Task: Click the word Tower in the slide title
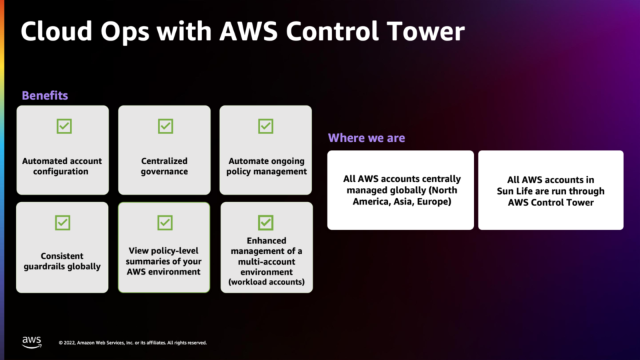[x=425, y=31]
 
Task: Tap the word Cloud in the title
[x=56, y=31]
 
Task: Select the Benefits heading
[x=45, y=95]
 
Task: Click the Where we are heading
[x=366, y=138]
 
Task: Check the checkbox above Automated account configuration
[x=64, y=126]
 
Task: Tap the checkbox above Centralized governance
[x=165, y=126]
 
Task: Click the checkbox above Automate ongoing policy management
[x=266, y=126]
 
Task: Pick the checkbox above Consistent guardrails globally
[x=63, y=223]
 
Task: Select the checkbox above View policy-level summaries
[x=165, y=223]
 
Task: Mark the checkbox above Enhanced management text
[x=266, y=223]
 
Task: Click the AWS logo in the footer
[x=31, y=342]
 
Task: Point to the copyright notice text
[x=133, y=343]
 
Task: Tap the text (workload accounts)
[x=267, y=282]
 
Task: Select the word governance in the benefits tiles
[x=165, y=171]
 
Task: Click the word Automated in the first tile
[x=43, y=161]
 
